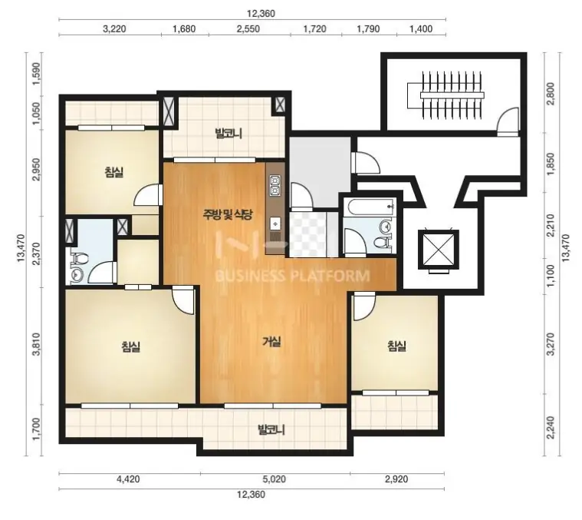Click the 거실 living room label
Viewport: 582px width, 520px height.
tap(271, 341)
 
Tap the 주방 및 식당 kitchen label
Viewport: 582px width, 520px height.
tap(228, 214)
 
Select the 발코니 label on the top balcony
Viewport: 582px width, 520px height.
tap(229, 133)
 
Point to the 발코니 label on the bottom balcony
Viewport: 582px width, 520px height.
tap(271, 430)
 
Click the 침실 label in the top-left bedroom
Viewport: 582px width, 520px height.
tap(114, 172)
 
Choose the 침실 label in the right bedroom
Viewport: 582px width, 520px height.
tap(396, 346)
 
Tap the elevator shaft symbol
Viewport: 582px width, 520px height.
tap(439, 250)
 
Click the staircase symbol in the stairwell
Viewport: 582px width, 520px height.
tap(446, 95)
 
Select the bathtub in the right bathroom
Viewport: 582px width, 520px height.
tap(370, 206)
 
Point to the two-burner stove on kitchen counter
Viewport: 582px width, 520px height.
tap(275, 186)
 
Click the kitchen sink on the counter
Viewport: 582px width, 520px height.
tap(275, 224)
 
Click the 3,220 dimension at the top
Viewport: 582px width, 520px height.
tap(114, 29)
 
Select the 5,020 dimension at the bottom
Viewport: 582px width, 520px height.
tap(275, 479)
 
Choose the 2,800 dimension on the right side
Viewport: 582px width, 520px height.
tap(551, 94)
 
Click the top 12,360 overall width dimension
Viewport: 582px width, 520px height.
tap(261, 14)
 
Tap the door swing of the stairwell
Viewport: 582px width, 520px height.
tap(508, 120)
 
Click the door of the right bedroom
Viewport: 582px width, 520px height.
tap(364, 306)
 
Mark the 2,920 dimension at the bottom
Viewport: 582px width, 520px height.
tap(396, 479)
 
